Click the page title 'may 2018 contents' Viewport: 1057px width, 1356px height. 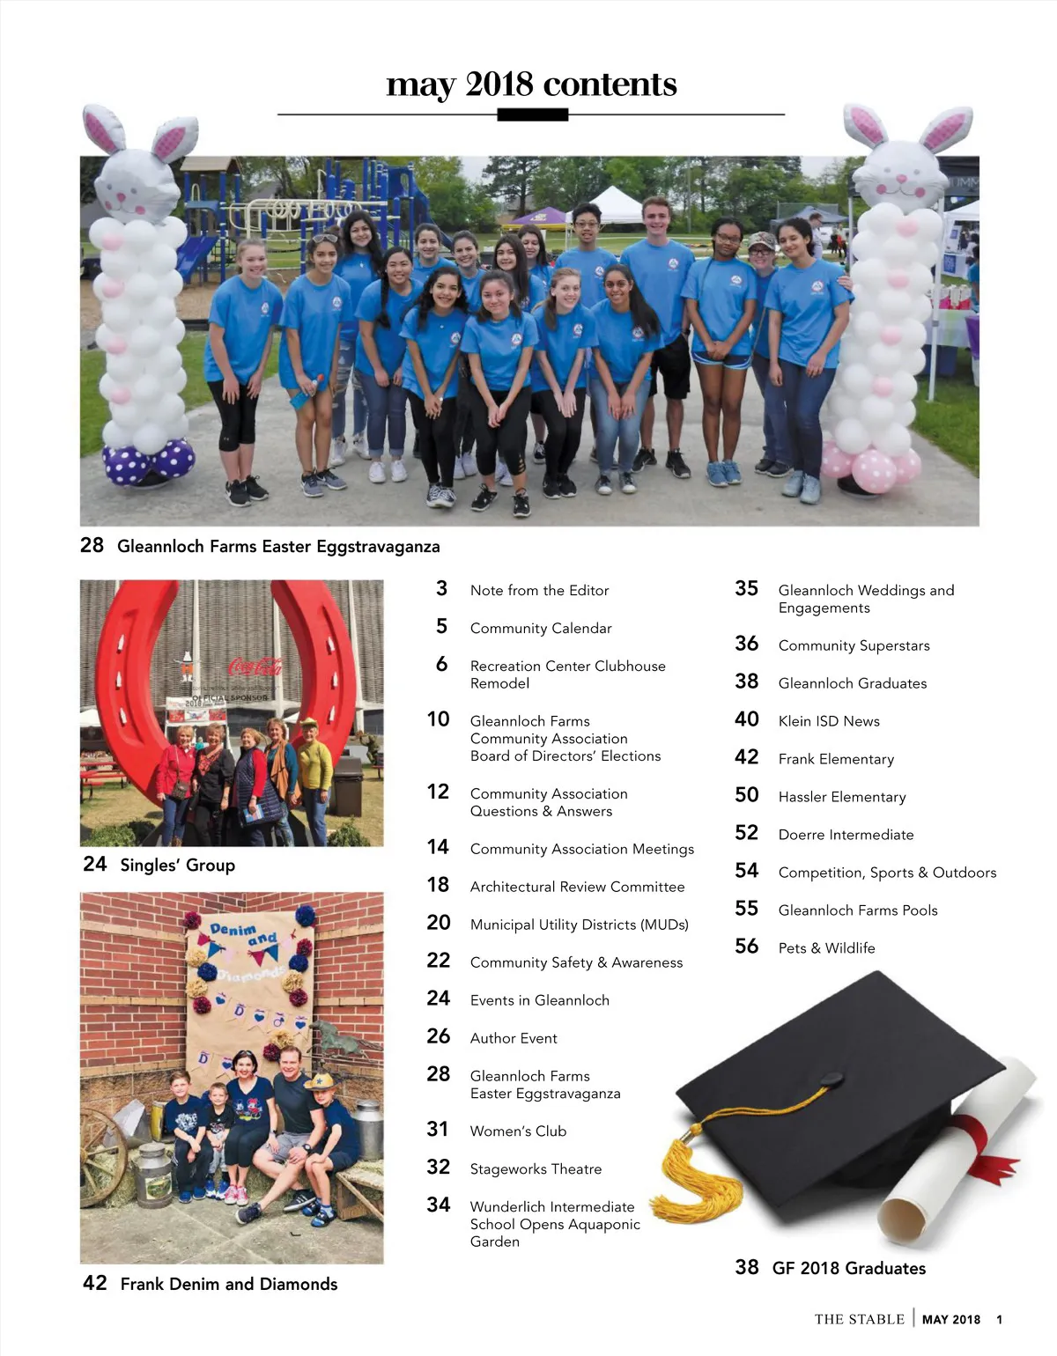tap(531, 85)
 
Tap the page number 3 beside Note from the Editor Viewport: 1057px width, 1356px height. tap(441, 588)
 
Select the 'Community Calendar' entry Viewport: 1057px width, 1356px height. tap(540, 628)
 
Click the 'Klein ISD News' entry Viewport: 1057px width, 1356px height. tap(828, 721)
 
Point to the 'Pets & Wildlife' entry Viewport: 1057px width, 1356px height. tap(826, 948)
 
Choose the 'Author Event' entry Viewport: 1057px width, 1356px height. tap(514, 1038)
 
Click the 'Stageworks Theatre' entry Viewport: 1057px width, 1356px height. tap(536, 1169)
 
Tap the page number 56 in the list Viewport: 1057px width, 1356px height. tap(746, 947)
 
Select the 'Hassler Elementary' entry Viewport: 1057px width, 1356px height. tap(841, 797)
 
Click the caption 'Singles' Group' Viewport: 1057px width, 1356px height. tap(177, 866)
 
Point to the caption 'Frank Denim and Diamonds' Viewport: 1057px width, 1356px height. tap(228, 1284)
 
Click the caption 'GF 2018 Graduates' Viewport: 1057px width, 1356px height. tap(848, 1268)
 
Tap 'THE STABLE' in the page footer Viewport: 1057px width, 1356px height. tap(859, 1319)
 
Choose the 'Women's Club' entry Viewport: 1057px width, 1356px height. tap(518, 1131)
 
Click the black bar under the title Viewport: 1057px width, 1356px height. tap(532, 114)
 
